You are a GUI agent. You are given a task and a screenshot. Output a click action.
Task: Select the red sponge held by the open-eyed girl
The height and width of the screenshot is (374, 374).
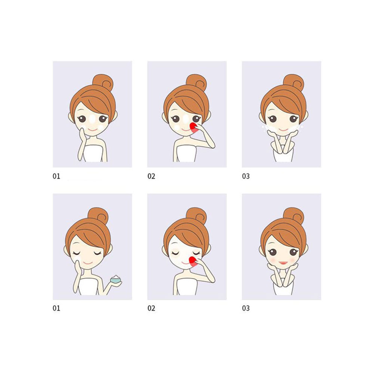[x=194, y=128]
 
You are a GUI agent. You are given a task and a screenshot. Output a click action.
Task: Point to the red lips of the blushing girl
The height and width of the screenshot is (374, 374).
[x=283, y=263]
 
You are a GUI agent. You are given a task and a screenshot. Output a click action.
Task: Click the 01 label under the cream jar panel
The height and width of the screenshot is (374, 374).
[x=56, y=308]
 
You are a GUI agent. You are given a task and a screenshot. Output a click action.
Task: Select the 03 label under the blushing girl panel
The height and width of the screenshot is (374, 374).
[x=246, y=308]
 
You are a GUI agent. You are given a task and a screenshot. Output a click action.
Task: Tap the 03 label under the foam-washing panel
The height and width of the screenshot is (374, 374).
[x=246, y=176]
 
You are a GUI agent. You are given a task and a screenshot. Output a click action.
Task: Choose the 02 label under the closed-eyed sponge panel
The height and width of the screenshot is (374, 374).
[x=151, y=308]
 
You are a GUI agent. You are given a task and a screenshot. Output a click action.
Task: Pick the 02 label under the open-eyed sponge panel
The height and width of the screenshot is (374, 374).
[x=151, y=176]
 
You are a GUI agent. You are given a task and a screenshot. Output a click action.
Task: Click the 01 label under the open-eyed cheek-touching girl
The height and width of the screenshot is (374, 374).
[x=56, y=176]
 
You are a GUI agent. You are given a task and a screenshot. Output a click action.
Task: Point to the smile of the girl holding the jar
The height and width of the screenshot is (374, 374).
[x=88, y=263]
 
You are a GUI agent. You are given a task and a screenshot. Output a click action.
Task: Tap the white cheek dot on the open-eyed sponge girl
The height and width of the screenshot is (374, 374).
[x=177, y=128]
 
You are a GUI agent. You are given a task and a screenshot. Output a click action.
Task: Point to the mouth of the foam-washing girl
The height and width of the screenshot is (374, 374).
[x=283, y=129]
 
